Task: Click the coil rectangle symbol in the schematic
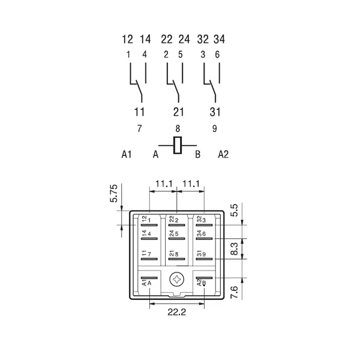[x=178, y=145]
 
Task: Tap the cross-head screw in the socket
[x=177, y=280]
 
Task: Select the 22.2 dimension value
[x=176, y=312]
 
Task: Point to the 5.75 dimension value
[x=114, y=193]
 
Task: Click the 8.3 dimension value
[x=235, y=249]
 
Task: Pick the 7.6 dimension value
[x=235, y=292]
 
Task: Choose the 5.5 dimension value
[x=235, y=211]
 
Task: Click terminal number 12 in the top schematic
[x=127, y=39]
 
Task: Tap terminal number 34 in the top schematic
[x=219, y=39]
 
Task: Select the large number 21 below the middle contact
[x=178, y=112]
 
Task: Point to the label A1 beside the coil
[x=127, y=154]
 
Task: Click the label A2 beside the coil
[x=223, y=154]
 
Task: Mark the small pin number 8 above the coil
[x=178, y=129]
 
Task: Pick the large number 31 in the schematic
[x=215, y=112]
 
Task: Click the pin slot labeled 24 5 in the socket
[x=176, y=239]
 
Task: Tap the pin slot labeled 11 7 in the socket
[x=149, y=259]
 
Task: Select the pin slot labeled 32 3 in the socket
[x=204, y=225]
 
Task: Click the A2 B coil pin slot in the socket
[x=204, y=278]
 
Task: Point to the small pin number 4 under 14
[x=145, y=55]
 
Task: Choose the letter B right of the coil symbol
[x=197, y=154]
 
